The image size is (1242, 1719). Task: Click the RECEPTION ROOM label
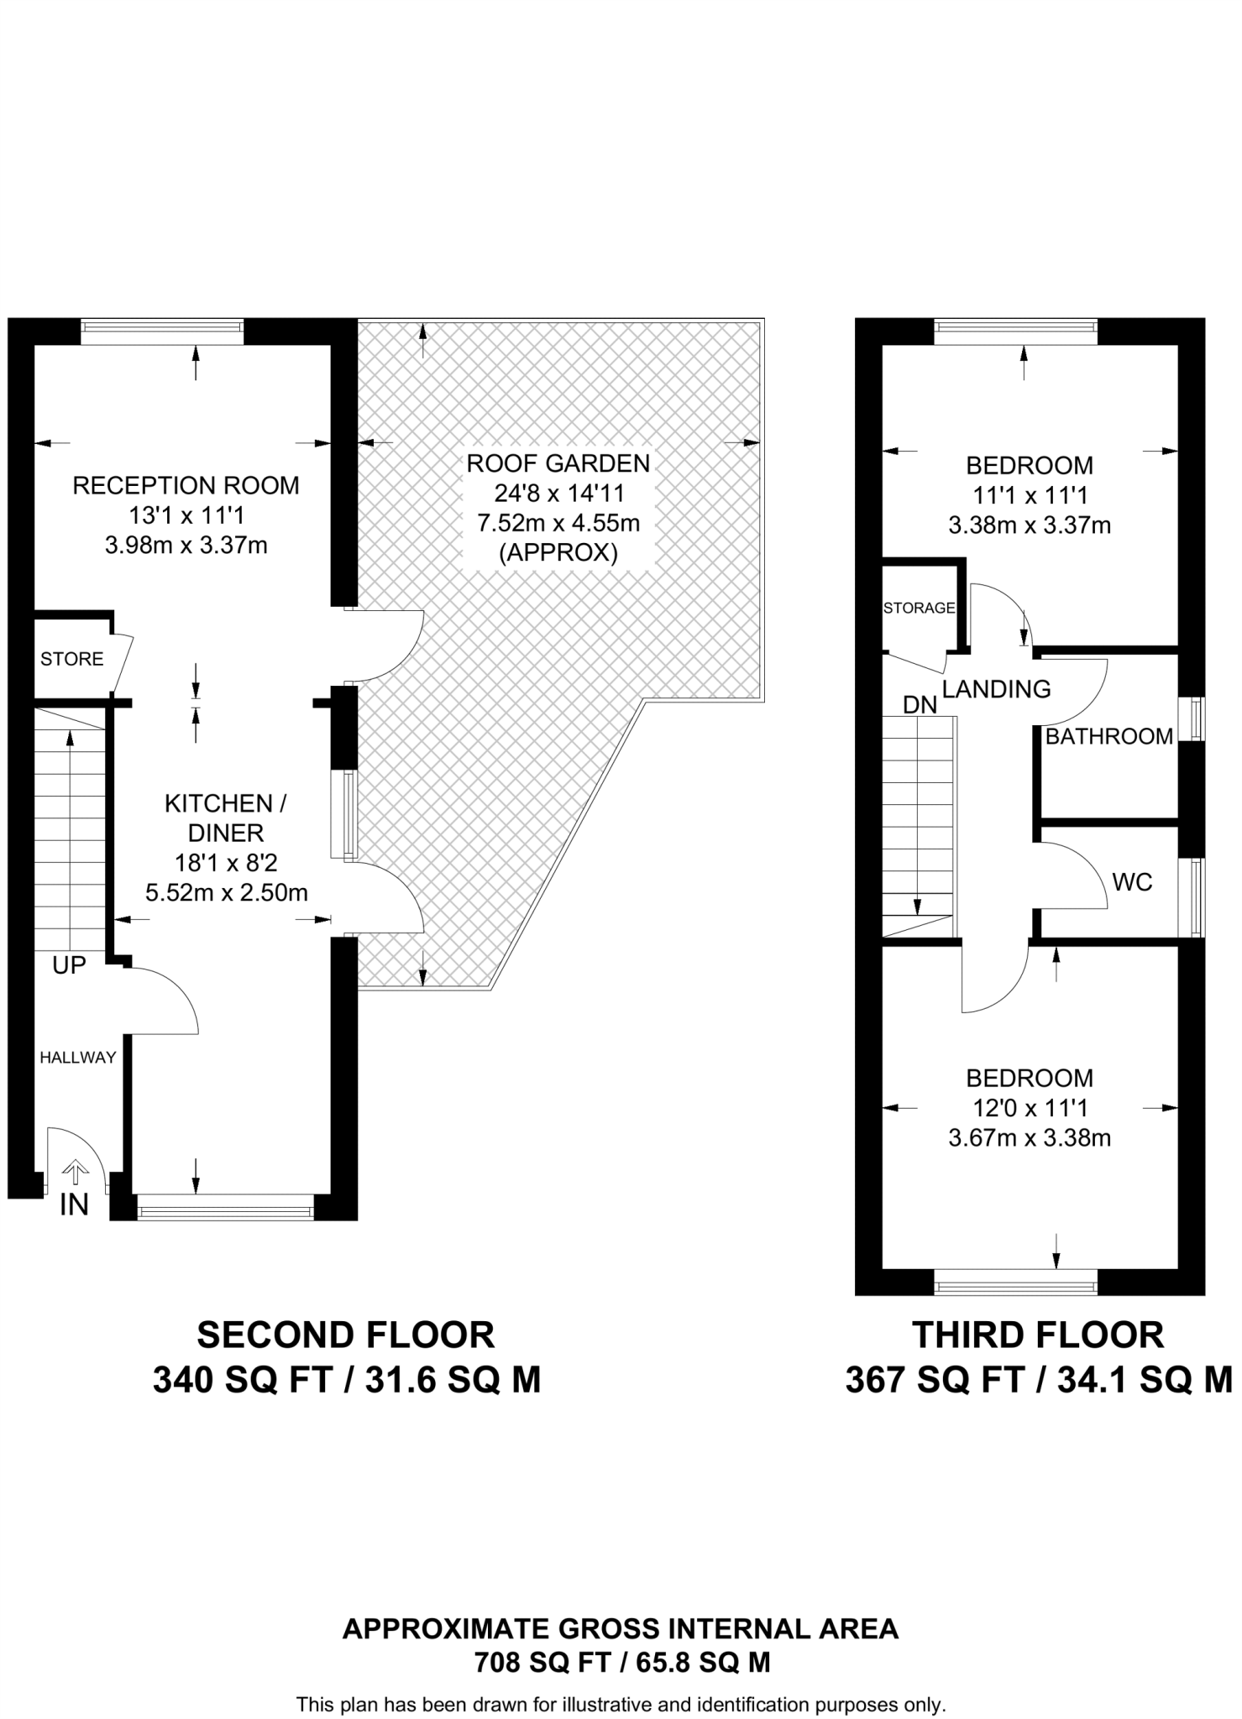pos(186,485)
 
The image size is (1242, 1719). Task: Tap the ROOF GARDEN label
pos(558,463)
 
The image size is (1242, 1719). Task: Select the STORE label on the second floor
pos(72,659)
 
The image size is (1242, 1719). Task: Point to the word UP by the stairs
pos(69,965)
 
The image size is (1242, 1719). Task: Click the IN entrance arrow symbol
pos(76,1171)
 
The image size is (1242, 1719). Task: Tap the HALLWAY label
pos(78,1058)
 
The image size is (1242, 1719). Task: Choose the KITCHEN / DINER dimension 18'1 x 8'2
pos(226,862)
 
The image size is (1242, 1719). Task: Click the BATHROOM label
pos(1108,736)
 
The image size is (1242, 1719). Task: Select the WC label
pos(1132,882)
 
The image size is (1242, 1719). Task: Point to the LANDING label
pos(996,689)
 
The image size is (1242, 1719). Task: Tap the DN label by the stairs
pos(920,705)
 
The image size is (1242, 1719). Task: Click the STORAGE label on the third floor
pos(920,608)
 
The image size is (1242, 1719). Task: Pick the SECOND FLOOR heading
pos(346,1335)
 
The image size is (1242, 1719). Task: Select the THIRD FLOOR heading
pos(1039,1335)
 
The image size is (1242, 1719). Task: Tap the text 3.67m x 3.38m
pos(1030,1138)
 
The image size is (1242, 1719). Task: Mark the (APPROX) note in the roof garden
pos(558,553)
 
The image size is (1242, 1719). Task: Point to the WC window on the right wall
pos(1192,897)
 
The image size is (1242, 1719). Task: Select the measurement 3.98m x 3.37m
pos(186,546)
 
